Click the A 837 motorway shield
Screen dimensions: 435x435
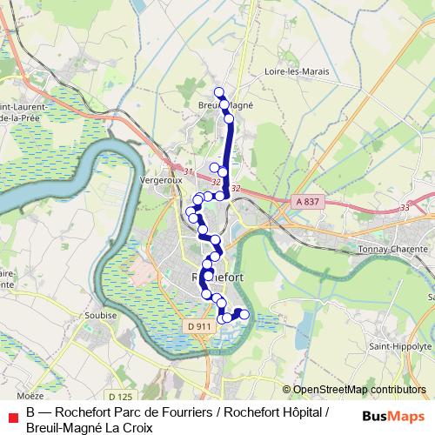point(307,202)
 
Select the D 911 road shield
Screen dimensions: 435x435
point(199,326)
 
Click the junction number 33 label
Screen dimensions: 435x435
point(404,207)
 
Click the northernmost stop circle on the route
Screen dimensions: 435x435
point(219,92)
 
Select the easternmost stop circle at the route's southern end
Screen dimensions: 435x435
point(244,314)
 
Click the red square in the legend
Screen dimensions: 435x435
point(11,413)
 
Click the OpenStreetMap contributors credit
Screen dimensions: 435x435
point(359,390)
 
